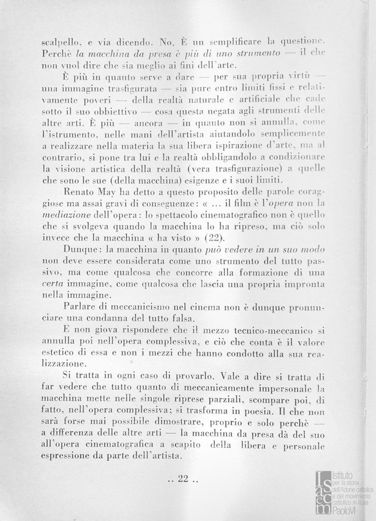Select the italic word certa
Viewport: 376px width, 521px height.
click(x=52, y=285)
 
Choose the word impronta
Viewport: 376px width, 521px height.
click(x=302, y=285)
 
